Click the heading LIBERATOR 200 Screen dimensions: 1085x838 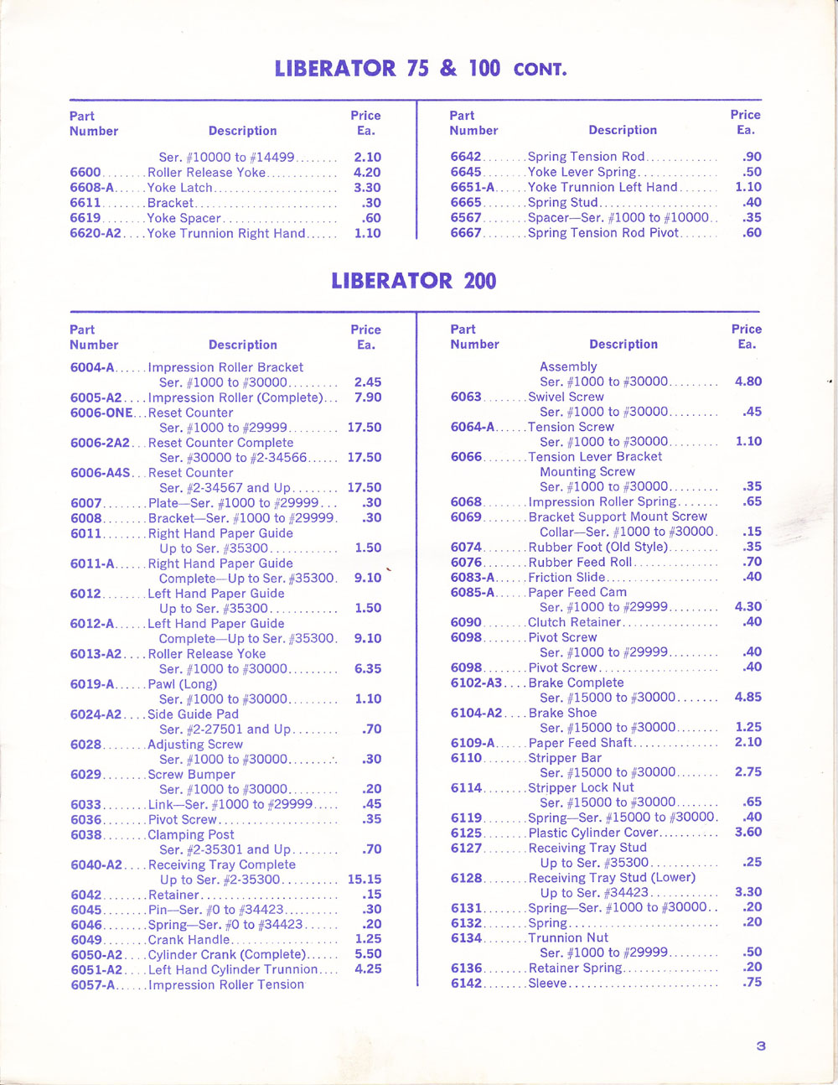[413, 280]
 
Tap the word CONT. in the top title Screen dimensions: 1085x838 [540, 70]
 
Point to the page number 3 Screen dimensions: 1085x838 [760, 1046]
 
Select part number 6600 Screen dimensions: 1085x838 [85, 173]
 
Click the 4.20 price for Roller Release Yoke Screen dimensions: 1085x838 [367, 173]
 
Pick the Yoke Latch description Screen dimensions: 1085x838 [179, 188]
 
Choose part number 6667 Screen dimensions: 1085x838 [466, 233]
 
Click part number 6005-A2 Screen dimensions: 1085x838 [96, 398]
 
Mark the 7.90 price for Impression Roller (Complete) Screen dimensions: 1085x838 [367, 398]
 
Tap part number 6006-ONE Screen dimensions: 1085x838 [101, 413]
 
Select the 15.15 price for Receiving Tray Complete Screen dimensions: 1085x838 [364, 880]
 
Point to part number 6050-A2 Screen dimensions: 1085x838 [96, 955]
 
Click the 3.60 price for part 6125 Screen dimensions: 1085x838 [747, 833]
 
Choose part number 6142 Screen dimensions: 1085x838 [466, 984]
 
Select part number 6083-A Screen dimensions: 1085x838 [473, 578]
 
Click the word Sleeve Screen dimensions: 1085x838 [547, 984]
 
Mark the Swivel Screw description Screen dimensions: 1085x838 [566, 397]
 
